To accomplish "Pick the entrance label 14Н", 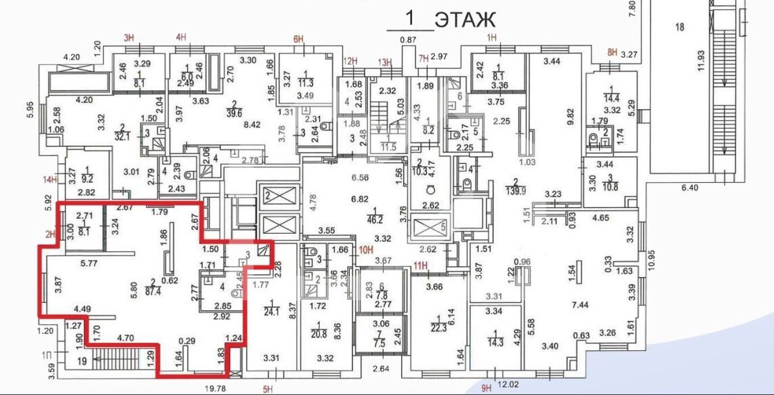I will click(49, 180).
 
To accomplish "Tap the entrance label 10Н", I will click(366, 249).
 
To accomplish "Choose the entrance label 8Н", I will click(613, 52).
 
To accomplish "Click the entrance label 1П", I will click(46, 355).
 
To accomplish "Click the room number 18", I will click(680, 27).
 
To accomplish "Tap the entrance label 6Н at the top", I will click(298, 39).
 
